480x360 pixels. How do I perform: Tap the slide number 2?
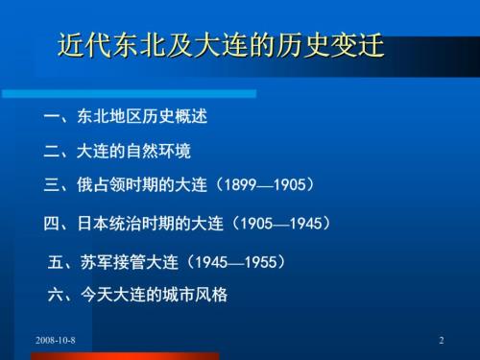tap(441, 341)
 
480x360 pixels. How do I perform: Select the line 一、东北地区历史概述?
tap(127, 118)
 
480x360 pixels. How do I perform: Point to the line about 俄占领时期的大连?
tap(180, 184)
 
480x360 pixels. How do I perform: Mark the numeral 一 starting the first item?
tap(53, 118)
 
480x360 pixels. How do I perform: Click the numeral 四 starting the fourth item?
tap(53, 224)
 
